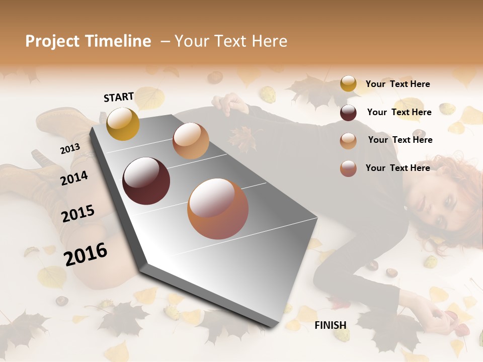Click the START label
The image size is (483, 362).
coord(119,97)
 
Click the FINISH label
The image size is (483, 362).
coord(330,325)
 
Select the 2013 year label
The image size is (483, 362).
coord(70,149)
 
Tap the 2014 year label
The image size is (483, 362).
coord(74,178)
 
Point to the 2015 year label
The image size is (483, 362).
coord(77,214)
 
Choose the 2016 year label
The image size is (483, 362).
coord(86,254)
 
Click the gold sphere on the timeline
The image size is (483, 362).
coord(123,124)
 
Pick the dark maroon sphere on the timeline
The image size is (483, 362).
coord(146,181)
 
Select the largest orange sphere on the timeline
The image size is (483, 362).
coord(218,209)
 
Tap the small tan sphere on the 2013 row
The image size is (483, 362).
coord(191,141)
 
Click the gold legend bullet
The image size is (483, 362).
coord(348,84)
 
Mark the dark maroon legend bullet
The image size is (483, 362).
coord(348,113)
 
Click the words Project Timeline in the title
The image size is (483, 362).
coord(88,41)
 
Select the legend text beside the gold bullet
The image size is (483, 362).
coord(397,84)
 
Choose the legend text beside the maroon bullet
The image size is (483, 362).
coord(399,112)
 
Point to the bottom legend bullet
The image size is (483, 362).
coord(348,168)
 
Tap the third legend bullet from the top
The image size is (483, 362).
coord(348,141)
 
